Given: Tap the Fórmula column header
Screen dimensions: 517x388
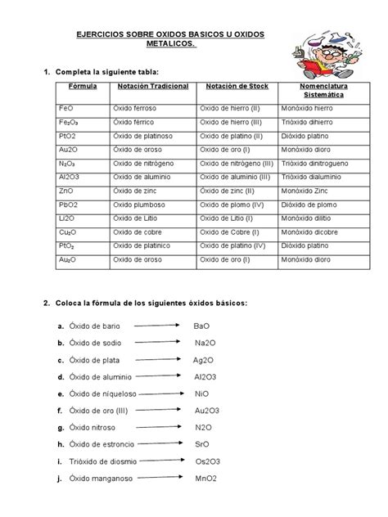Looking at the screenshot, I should pos(82,86).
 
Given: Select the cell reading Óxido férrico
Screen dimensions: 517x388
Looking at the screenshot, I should pos(133,122).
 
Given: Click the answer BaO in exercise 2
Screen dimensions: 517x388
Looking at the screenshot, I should pos(201,326).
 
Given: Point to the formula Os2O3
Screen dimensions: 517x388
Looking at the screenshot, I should pos(206,461).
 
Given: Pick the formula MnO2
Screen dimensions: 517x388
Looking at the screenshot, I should pos(205,479).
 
